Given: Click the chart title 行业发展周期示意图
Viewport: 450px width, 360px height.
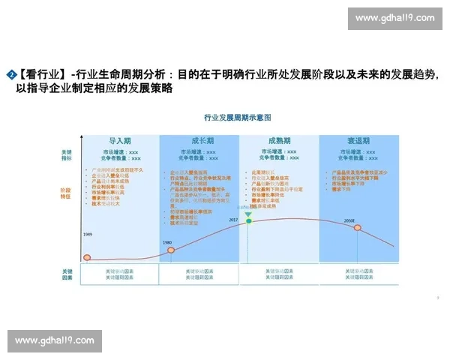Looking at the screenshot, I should coord(237,118).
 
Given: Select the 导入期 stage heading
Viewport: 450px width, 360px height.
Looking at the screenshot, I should coord(120,141).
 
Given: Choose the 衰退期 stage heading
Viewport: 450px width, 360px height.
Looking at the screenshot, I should coord(358,141).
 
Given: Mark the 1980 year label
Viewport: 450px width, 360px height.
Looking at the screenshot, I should coord(168,241).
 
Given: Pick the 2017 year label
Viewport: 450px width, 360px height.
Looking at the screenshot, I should coord(233,220).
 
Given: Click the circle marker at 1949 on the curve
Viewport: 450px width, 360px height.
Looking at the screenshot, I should coord(87,259).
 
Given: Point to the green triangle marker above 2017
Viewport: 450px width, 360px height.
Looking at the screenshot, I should coord(248,215).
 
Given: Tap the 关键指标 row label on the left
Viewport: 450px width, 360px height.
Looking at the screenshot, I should coord(67,155).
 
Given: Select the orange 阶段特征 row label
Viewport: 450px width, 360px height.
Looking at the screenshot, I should coord(67,193).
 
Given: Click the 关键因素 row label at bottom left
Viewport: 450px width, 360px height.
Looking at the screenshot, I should coord(67,274).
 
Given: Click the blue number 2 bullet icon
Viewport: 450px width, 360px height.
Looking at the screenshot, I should coord(12,74).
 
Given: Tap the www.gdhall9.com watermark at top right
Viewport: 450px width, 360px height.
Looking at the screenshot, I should coord(395,18).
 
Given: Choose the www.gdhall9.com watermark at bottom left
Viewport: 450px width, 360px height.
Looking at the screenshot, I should coord(55,340).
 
